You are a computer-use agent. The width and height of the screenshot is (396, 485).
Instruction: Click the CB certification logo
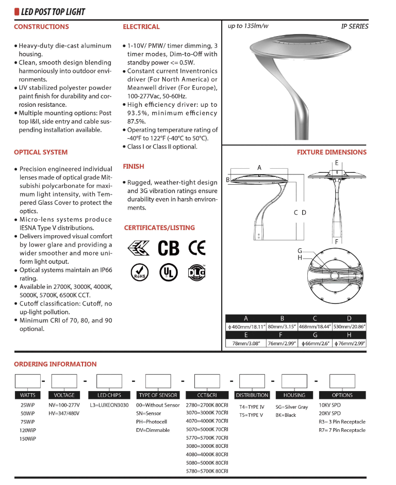click(x=168, y=248)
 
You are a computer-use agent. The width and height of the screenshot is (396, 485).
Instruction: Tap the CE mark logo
click(x=196, y=248)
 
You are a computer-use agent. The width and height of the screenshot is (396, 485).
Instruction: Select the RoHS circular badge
click(x=138, y=271)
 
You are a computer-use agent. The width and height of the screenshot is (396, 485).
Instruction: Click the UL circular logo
click(x=167, y=271)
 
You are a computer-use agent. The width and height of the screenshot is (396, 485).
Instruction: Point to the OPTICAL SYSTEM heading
click(x=41, y=152)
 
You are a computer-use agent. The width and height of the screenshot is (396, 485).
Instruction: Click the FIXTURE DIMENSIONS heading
click(x=332, y=152)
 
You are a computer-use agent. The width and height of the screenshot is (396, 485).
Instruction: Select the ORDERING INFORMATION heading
click(x=55, y=364)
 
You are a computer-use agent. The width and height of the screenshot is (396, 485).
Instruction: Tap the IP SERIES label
click(x=355, y=26)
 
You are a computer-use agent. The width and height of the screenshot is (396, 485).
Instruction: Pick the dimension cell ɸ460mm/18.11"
click(x=246, y=327)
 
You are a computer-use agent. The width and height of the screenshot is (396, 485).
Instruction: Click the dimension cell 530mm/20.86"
click(x=349, y=327)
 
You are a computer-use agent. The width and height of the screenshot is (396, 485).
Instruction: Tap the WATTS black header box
click(x=28, y=395)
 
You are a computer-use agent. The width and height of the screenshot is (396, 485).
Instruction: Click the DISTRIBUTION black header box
click(x=252, y=395)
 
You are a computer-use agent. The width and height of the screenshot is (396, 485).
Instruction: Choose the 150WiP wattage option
click(x=28, y=439)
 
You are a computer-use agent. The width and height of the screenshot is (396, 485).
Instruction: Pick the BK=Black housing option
click(x=286, y=415)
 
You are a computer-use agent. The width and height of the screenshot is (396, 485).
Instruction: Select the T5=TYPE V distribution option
click(x=251, y=415)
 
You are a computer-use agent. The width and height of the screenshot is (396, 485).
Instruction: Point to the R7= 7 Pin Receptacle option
click(x=342, y=430)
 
